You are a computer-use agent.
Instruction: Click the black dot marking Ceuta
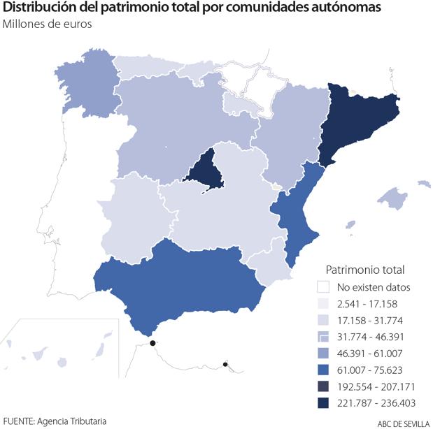point(152,343)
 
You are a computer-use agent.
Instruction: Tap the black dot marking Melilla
point(225,364)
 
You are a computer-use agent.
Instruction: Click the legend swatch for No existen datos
point(322,286)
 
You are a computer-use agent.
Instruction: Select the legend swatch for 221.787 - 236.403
point(322,404)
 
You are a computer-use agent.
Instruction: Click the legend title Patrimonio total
point(365,269)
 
